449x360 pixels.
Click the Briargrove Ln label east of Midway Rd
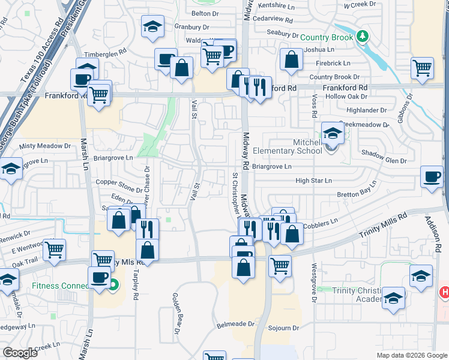[271, 167]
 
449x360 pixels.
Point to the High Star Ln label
[313, 181]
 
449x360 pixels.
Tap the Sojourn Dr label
[283, 328]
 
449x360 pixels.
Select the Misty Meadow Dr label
[45, 146]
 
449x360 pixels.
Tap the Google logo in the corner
[20, 353]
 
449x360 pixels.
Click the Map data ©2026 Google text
[411, 355]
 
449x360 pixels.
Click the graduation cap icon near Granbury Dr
[152, 26]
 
